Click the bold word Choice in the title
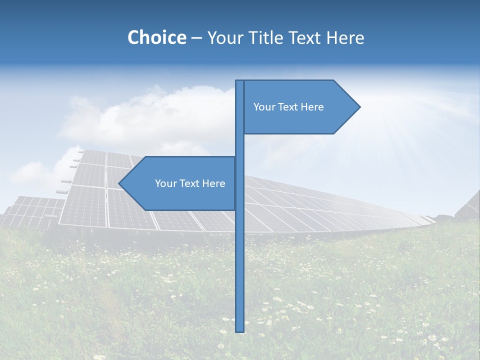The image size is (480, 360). pos(156,37)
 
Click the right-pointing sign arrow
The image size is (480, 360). pos(300,107)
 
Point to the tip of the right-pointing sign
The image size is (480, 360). pos(359,106)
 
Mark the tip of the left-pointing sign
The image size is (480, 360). pos(119,183)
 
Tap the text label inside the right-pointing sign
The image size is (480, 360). pos(288,107)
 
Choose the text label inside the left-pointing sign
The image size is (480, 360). pos(190,183)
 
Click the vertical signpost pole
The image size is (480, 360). pos(239,250)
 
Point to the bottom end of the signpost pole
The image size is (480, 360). pos(239,331)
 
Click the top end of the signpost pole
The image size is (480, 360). pos(239,81)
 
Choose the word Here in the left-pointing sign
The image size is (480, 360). pos(213,183)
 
